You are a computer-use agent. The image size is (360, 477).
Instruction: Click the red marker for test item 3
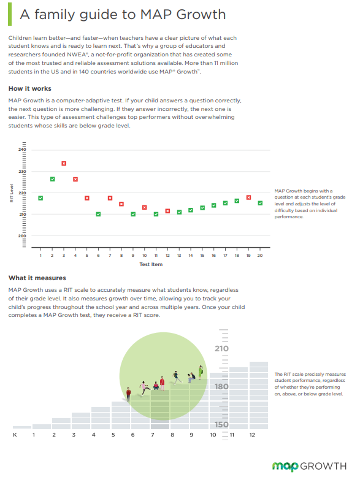64,164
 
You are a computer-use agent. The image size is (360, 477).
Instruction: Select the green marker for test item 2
52,179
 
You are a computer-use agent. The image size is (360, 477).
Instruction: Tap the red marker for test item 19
248,197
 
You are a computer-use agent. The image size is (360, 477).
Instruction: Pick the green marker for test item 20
260,203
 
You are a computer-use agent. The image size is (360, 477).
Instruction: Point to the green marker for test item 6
98,214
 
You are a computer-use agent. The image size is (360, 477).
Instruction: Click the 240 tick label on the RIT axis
22,150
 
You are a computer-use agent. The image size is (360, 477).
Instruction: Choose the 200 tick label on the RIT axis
22,236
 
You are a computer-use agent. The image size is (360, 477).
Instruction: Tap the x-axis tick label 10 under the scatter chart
145,256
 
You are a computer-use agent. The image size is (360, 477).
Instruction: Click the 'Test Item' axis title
151,264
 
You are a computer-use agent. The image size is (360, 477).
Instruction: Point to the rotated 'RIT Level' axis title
12,193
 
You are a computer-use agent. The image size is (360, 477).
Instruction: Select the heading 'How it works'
30,88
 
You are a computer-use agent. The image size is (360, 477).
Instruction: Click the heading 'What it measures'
37,278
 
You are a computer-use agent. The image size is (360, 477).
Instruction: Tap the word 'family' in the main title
55,15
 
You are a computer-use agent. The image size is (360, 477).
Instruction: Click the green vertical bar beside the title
10,14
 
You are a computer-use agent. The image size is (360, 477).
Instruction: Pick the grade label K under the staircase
15,435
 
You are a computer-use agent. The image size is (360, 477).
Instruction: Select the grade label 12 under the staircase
252,435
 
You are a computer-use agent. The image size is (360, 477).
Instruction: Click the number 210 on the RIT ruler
221,349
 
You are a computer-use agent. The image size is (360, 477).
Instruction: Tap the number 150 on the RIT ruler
221,424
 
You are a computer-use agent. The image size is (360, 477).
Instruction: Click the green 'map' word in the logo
285,467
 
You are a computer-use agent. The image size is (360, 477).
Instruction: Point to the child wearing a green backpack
201,372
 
